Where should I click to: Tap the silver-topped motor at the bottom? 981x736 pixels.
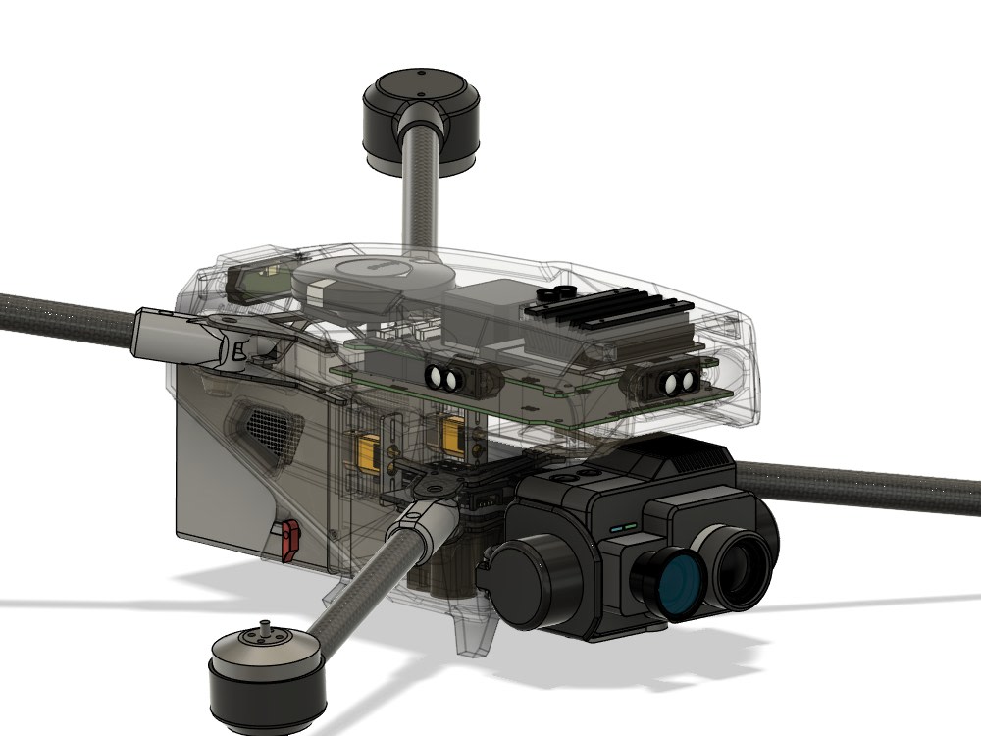(x=267, y=677)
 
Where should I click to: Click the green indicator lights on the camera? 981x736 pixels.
(x=620, y=527)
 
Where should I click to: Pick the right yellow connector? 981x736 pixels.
(x=453, y=433)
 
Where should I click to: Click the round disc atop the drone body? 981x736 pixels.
(x=370, y=277)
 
